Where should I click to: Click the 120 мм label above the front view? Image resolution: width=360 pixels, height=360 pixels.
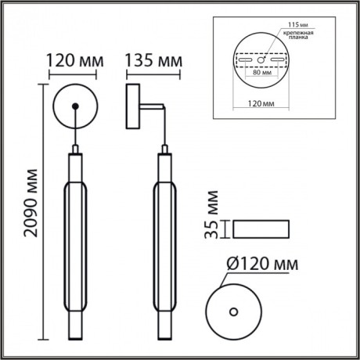tap(73, 60)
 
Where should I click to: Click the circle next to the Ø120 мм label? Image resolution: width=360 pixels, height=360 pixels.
tap(232, 310)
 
